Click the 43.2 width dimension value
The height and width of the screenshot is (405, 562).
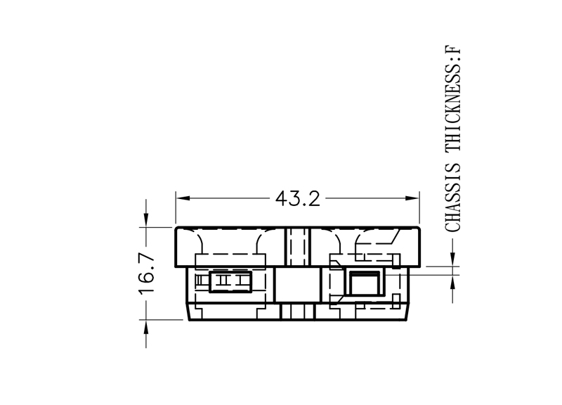point(297,198)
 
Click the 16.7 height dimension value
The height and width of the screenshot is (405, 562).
point(147,275)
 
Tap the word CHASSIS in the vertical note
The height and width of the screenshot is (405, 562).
point(452,198)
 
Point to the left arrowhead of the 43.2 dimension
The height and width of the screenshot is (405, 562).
point(183,198)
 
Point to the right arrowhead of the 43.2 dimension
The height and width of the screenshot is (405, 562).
point(412,198)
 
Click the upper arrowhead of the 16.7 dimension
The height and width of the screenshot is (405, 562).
point(146,220)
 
